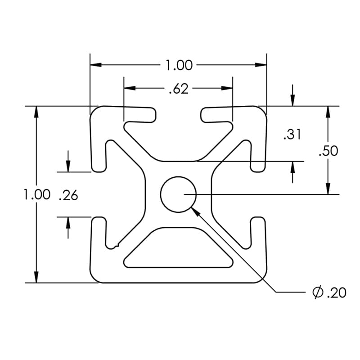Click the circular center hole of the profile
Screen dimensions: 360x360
[x=178, y=194]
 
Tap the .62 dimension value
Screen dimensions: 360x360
[x=178, y=89]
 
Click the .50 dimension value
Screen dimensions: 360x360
[x=328, y=151]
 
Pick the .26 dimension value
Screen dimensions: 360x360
[x=68, y=195]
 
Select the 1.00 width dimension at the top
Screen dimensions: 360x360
[x=179, y=66]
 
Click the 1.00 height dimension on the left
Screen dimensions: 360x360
[x=37, y=195]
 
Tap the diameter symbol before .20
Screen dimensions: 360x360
[x=317, y=293]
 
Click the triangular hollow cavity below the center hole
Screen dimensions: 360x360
[x=178, y=250]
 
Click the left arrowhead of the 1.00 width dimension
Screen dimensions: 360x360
[x=96, y=65]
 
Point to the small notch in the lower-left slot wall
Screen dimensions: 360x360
[x=117, y=245]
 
